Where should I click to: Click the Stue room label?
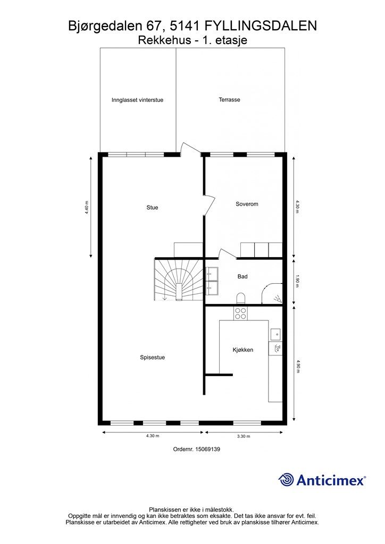152,208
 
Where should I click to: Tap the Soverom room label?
247,204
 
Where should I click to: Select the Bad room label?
242,276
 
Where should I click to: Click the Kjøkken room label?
242,350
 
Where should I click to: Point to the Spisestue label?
152,358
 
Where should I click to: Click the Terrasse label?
229,100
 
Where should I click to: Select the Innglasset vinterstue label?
137,100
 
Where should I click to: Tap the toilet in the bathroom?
240,298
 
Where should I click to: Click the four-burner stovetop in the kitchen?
240,313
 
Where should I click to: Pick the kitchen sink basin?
275,334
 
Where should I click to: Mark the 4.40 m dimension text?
87,207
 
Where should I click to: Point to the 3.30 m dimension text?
243,436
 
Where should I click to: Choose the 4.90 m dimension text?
298,367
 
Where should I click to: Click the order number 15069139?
197,449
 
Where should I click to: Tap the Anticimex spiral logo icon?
286,480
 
